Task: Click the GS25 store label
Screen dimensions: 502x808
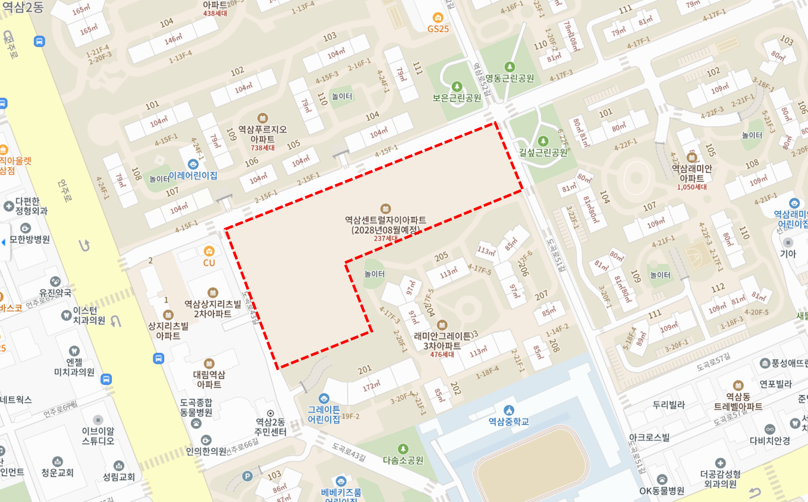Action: coord(438,29)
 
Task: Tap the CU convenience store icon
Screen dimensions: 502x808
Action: coord(209,251)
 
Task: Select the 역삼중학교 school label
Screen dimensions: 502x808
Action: coord(508,422)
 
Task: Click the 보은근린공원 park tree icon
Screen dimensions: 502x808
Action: coord(457,86)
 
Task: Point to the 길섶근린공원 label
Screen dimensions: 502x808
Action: coord(543,153)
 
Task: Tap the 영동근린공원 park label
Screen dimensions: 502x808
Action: coord(509,79)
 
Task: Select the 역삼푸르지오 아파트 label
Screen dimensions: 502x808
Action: coord(262,134)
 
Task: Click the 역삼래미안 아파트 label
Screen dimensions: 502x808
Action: coord(692,173)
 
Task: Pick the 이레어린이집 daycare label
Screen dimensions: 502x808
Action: coord(193,175)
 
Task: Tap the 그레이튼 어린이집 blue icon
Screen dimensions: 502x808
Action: coord(324,398)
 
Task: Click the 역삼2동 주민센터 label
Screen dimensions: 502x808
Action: coord(271,427)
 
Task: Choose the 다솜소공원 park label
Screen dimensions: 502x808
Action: coord(403,460)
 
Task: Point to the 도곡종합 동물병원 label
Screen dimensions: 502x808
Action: coord(196,407)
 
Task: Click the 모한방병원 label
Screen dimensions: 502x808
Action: coord(29,240)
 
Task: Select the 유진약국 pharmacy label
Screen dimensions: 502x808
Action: coord(55,293)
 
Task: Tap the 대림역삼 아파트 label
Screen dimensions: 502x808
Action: coord(209,379)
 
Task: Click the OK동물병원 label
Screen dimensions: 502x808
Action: coord(662,491)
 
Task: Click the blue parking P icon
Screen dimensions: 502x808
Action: coord(247,477)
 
